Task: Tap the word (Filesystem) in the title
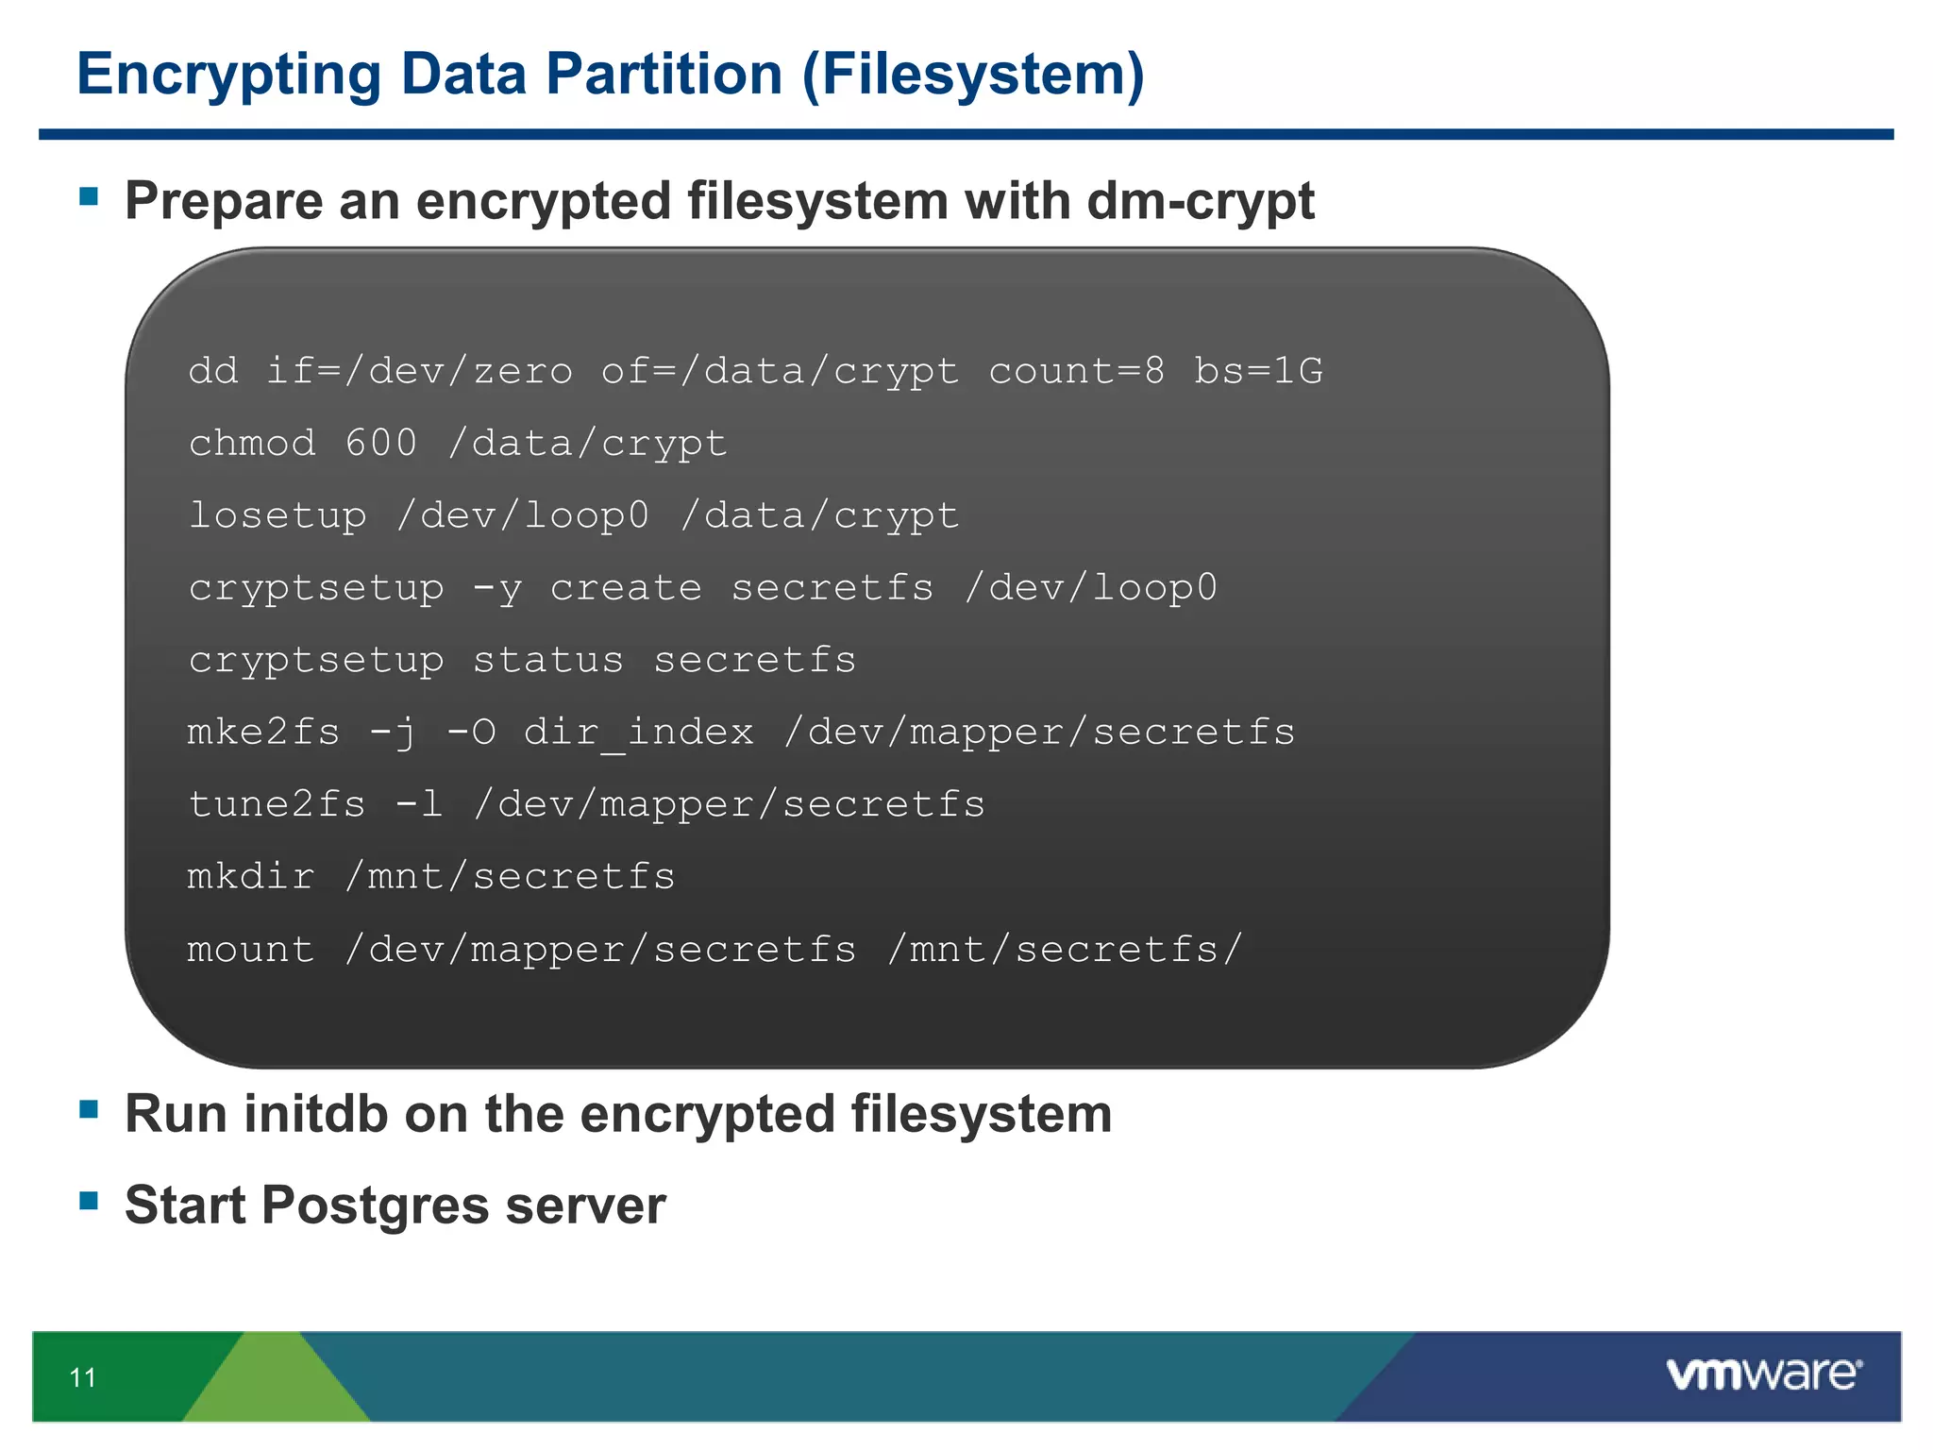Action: click(973, 76)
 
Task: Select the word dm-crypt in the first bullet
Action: click(1201, 202)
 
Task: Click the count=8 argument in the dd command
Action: click(1076, 371)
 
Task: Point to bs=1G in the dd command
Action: click(1258, 371)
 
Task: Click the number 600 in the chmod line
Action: click(380, 443)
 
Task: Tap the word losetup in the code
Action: click(277, 515)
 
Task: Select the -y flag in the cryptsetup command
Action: click(497, 589)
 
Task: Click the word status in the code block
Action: click(548, 661)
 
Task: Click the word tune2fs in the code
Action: click(277, 805)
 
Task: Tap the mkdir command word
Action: click(251, 877)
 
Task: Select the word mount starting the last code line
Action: click(251, 950)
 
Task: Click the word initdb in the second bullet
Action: click(315, 1114)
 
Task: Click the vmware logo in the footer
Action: click(1764, 1374)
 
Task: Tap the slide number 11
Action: click(83, 1378)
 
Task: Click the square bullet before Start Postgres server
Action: click(90, 1201)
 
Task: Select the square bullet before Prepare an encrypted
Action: click(90, 196)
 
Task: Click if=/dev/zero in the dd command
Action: click(419, 371)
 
